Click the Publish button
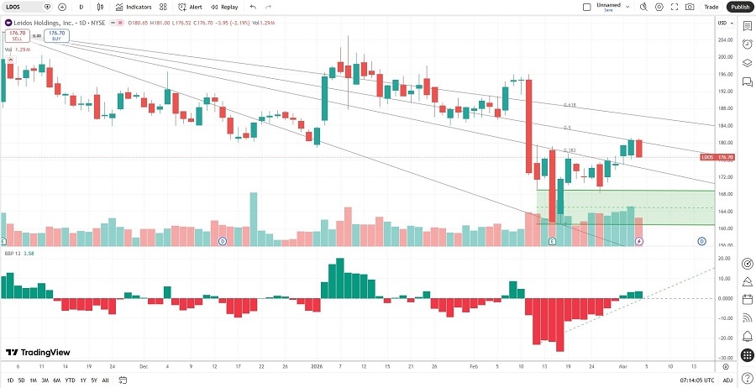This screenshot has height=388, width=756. click(739, 7)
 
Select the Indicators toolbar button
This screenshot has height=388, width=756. click(134, 7)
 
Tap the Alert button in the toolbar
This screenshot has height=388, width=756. click(191, 7)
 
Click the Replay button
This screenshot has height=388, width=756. click(224, 7)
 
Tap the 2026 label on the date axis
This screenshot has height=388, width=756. click(317, 367)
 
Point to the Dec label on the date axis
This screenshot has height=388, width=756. click(144, 367)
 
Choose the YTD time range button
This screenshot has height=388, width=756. click(69, 380)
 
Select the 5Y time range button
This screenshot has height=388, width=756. click(93, 380)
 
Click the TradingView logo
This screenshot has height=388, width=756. click(38, 353)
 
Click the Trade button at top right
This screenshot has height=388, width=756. click(711, 7)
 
